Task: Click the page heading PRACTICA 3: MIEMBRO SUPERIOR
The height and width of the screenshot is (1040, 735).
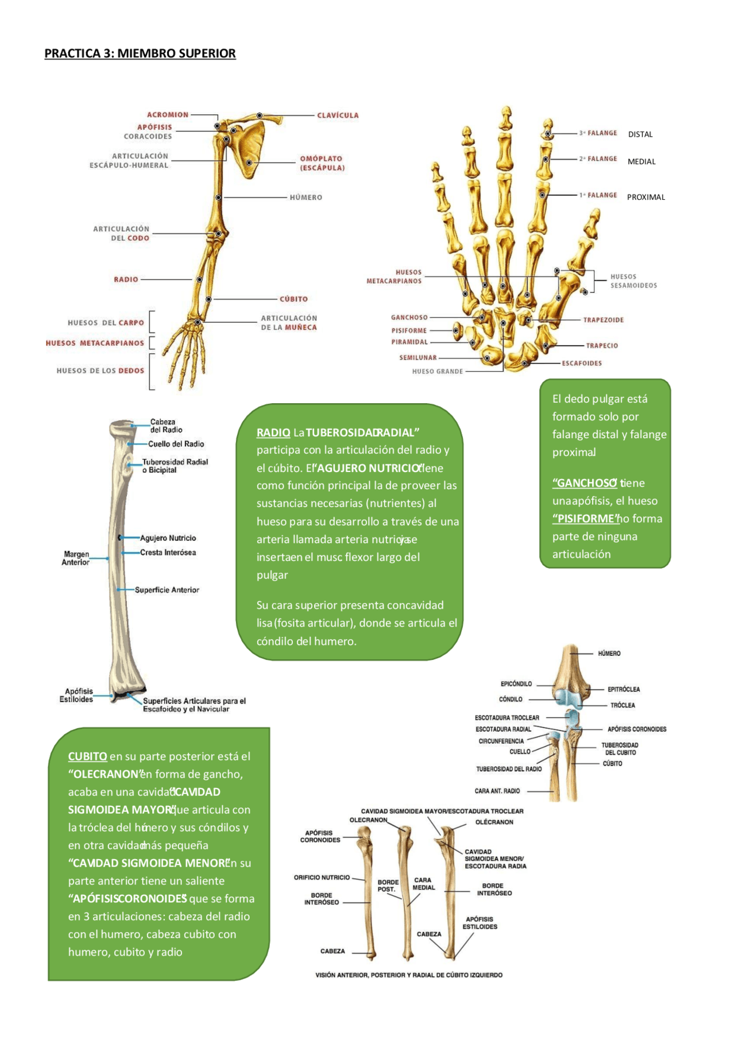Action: (140, 53)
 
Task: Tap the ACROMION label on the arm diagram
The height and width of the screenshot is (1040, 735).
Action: (167, 115)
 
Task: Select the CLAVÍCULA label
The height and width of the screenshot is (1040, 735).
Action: (338, 115)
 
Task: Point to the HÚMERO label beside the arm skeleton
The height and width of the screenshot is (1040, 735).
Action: (305, 198)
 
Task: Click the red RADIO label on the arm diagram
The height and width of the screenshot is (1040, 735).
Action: (126, 280)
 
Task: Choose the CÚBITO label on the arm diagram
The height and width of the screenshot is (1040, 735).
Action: (293, 299)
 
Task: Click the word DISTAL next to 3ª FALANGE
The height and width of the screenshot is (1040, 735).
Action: (640, 134)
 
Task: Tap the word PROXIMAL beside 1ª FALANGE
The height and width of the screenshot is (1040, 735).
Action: (646, 197)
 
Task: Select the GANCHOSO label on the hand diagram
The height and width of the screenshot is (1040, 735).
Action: (409, 318)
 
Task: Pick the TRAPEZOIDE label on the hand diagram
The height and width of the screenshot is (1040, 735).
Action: (603, 320)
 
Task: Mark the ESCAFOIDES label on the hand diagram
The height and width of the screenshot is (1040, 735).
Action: (582, 363)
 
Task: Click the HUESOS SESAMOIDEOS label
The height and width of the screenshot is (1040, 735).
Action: (633, 281)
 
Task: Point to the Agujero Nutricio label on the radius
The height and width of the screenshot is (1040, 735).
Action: (168, 538)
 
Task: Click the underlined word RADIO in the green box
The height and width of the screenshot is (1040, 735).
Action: (273, 432)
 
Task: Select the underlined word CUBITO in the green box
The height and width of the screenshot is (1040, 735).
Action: (87, 756)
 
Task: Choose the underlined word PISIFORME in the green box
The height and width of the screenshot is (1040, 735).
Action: (584, 519)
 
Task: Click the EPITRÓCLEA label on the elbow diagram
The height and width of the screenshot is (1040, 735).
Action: (624, 689)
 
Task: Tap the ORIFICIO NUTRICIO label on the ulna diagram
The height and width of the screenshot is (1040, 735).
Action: (322, 877)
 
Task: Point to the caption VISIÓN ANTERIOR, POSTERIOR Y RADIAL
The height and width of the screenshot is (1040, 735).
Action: (409, 975)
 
